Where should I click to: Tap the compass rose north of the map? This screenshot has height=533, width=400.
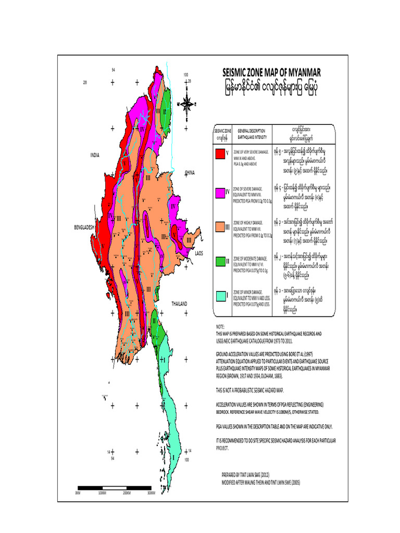(x=187, y=103)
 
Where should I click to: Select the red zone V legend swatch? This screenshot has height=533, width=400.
(x=220, y=154)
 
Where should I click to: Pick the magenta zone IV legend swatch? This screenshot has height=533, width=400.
(x=220, y=191)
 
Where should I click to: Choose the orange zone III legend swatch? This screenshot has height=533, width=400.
(x=220, y=226)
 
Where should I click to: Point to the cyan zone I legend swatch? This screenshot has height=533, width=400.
(x=220, y=295)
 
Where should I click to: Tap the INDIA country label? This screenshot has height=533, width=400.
(x=94, y=155)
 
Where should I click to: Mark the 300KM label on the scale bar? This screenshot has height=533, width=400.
(x=151, y=492)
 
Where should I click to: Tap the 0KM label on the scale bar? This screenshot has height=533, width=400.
(x=78, y=492)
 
